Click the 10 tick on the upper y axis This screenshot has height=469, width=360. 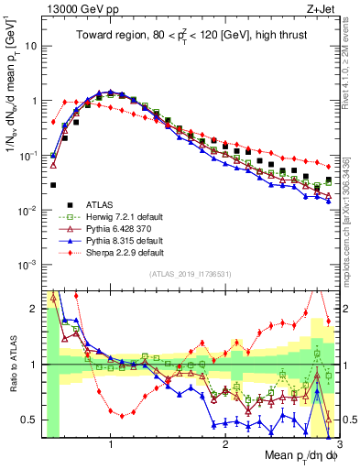pyautogui.click(x=32, y=45)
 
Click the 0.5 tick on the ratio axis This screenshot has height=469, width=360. pyautogui.click(x=30, y=420)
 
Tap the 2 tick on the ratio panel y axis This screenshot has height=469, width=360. pyautogui.click(x=35, y=309)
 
